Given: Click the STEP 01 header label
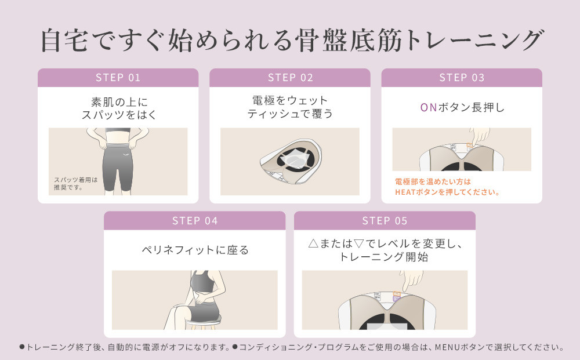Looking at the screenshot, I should [x=118, y=78].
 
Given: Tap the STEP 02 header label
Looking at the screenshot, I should [x=290, y=78].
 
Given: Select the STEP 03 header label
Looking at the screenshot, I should [x=462, y=78].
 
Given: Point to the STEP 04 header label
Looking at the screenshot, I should [x=195, y=221].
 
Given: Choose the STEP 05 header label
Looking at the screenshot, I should [x=385, y=221].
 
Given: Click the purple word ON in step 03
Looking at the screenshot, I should [x=427, y=107].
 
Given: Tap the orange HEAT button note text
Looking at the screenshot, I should [x=447, y=187].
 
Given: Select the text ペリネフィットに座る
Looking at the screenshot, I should [x=195, y=250].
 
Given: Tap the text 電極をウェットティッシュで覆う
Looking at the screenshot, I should [x=290, y=107].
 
